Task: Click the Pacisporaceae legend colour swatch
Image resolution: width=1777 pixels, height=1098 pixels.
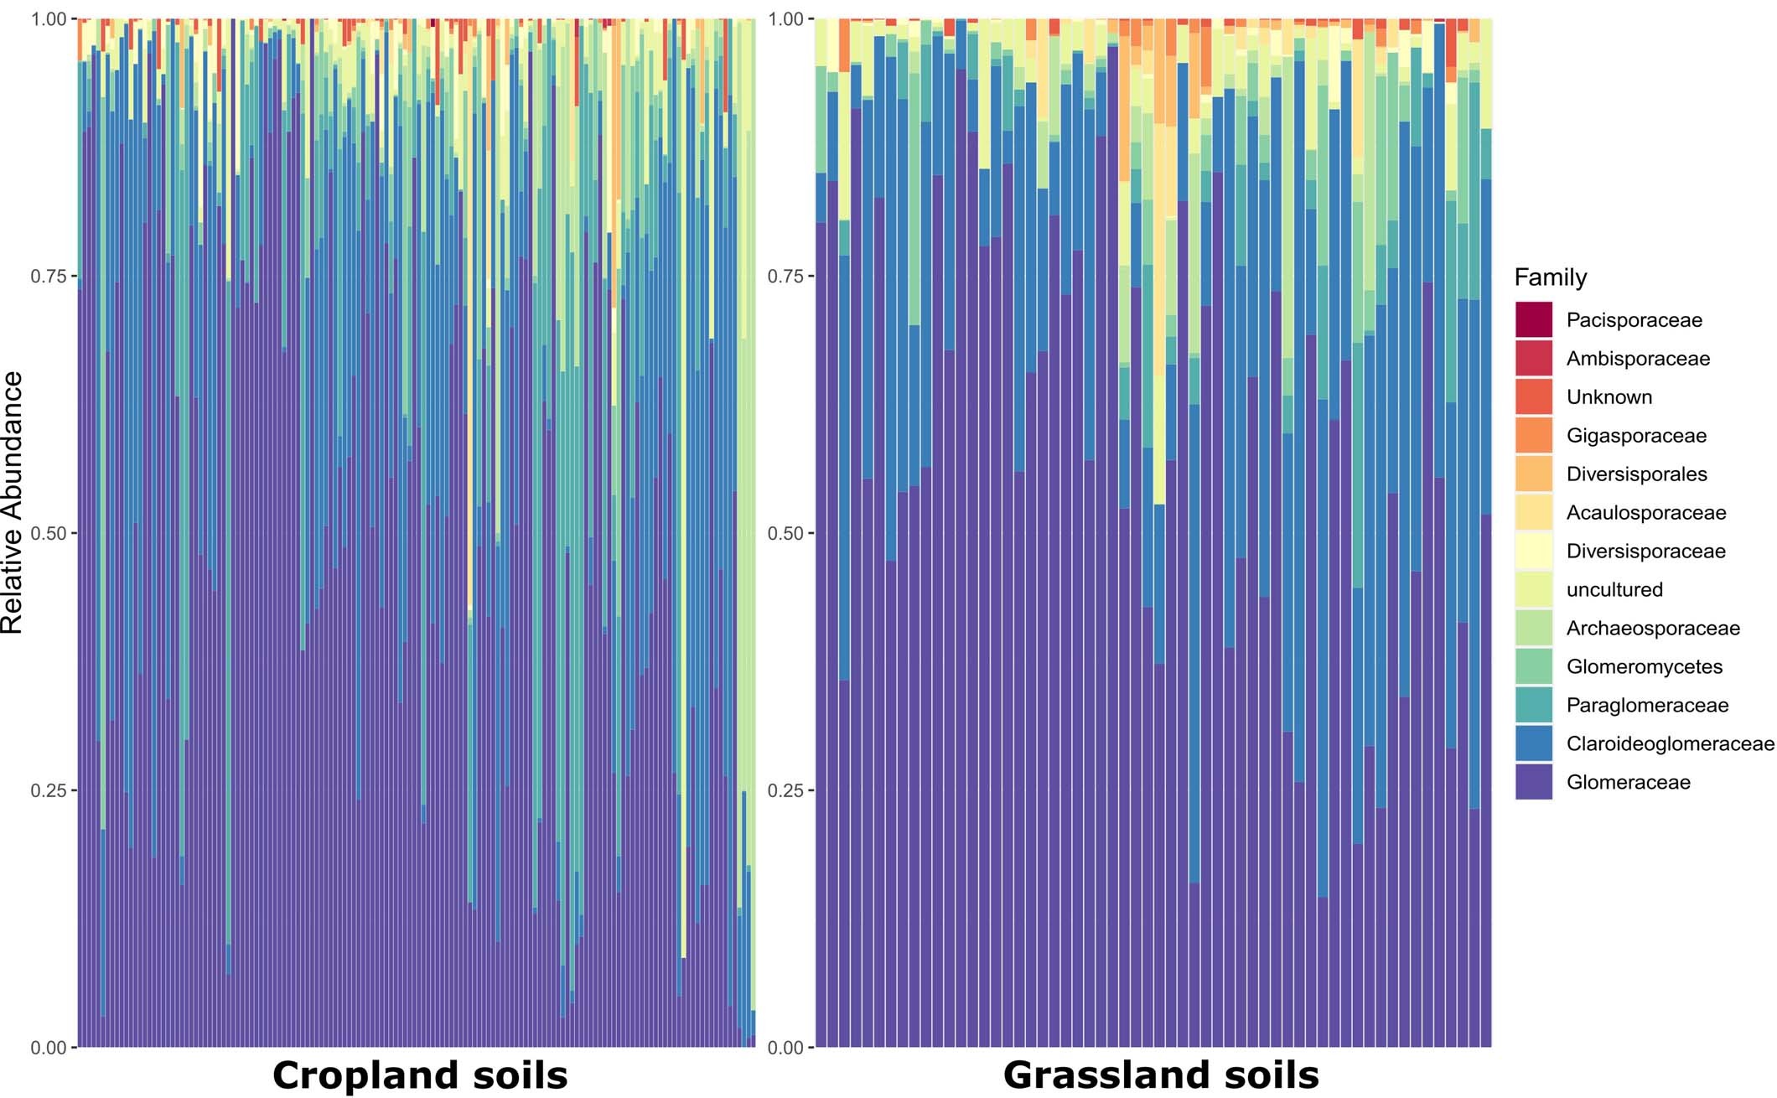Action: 1533,320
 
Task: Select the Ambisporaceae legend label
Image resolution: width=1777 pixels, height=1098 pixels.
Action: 1637,359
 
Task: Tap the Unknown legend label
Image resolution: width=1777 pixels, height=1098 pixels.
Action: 1609,397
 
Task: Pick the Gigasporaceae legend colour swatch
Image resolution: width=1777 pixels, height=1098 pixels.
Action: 1533,436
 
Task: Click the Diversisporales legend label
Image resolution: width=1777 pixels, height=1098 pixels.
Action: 1636,474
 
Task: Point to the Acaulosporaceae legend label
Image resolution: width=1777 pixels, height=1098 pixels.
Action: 1645,513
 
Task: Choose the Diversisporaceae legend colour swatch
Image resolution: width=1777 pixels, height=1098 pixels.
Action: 1533,552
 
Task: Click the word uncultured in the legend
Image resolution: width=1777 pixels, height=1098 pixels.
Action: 1614,590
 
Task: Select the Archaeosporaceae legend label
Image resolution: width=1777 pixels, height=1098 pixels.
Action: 1652,629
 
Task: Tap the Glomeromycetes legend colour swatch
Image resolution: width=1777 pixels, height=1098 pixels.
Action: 1533,667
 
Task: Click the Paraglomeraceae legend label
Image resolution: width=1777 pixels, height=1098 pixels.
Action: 1646,706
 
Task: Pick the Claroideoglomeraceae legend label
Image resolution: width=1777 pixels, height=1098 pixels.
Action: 1669,744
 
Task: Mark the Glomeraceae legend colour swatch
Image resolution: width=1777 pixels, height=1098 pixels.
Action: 1533,783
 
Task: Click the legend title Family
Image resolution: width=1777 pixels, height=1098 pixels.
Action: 1550,277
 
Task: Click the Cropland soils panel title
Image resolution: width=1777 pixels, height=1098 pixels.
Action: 420,1075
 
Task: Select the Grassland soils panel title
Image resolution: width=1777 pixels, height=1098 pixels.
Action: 1161,1075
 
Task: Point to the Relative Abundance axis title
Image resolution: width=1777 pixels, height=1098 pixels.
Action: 13,503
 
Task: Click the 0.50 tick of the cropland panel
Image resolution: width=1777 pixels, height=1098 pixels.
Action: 48,534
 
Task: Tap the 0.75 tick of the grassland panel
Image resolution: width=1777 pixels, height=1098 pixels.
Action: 785,277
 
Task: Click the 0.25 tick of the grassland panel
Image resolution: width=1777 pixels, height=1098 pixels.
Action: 785,791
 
